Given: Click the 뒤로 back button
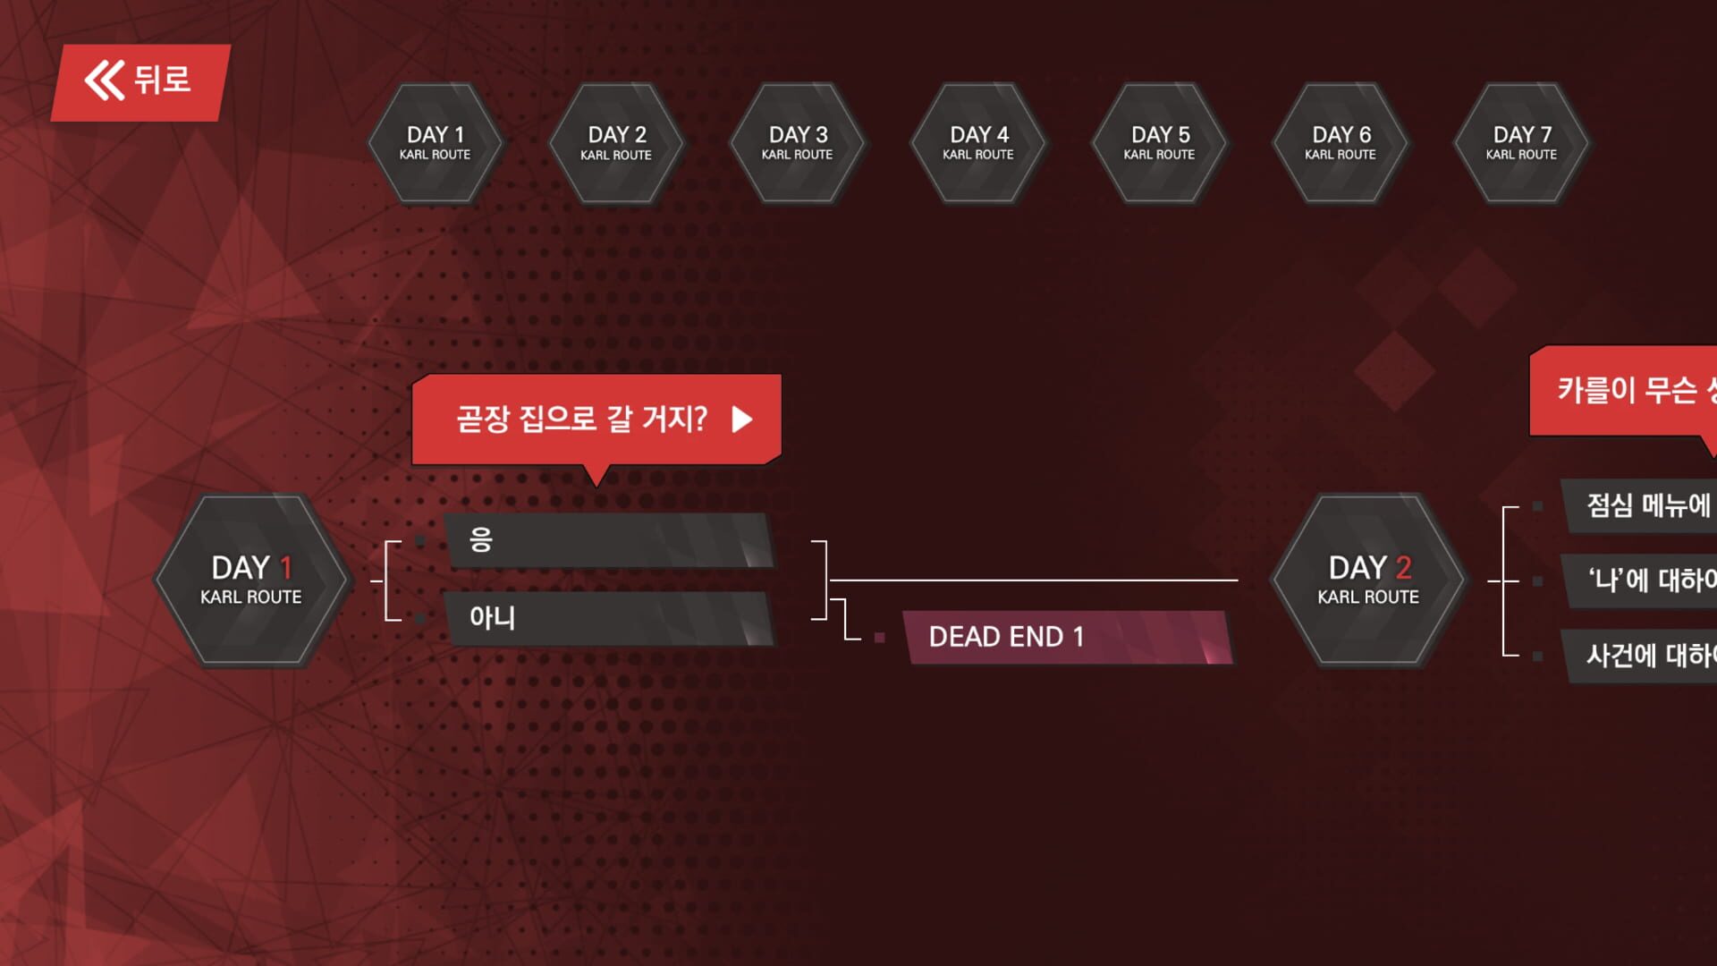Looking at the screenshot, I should (140, 81).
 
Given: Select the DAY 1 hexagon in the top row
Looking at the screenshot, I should (436, 143).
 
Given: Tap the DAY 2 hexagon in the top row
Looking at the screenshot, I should (616, 143).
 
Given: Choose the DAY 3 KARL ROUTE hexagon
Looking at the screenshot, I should (798, 143).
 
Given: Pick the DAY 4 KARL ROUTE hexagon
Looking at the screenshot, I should (978, 143).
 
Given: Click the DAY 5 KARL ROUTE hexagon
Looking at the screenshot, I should (1160, 143).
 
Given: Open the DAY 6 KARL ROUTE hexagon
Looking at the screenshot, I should (1341, 143).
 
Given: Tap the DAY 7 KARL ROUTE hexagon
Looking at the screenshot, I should (1522, 143).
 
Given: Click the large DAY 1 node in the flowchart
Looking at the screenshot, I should (251, 580).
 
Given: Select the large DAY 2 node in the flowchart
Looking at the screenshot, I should (1368, 580).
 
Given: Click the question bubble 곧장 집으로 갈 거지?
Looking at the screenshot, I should (581, 419).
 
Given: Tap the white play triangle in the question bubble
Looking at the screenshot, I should (741, 419).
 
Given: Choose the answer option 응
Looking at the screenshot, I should (608, 540).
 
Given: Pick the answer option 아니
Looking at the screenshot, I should (608, 618).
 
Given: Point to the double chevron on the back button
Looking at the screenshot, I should (105, 80).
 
